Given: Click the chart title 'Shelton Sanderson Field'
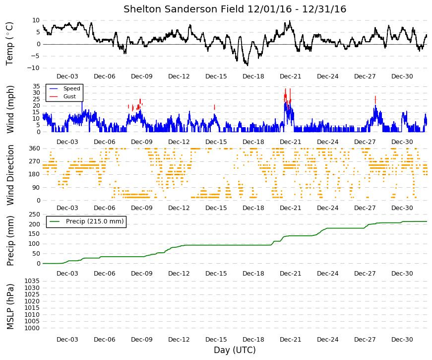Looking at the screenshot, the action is (x=184, y=9).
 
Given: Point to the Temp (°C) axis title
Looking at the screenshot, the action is (x=9, y=44).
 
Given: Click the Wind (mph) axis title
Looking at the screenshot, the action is (x=10, y=109).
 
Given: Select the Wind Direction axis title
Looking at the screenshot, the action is (x=10, y=175).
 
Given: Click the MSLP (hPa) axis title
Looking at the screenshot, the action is (x=10, y=307).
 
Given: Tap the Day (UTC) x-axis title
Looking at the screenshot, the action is (x=235, y=350).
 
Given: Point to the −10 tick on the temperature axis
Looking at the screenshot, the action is (x=33, y=68).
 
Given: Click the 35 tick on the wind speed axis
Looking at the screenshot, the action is (x=36, y=86).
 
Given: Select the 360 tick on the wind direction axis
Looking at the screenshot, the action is (x=35, y=148).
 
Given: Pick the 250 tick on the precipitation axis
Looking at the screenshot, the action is (x=35, y=215).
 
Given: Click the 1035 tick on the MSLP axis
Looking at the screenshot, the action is (x=32, y=281).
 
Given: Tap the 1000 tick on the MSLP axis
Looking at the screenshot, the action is (x=32, y=328).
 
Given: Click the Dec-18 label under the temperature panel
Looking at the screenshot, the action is (x=253, y=76).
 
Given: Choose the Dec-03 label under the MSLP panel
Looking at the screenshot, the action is (x=67, y=340).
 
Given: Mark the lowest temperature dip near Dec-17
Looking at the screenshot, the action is (x=247, y=65).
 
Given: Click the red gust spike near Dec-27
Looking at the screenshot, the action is (x=375, y=100).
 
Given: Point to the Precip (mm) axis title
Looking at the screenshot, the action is (x=10, y=240).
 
